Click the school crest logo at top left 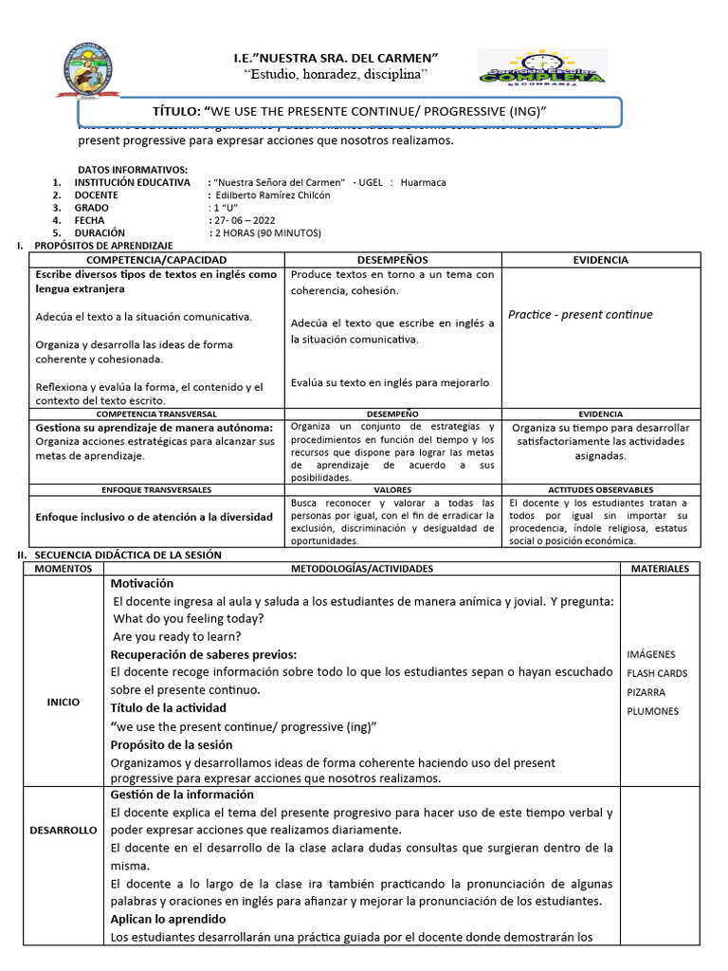[92, 72]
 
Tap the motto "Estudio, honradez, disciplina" [337, 74]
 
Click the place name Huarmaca [423, 183]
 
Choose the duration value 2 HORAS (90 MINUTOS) [268, 233]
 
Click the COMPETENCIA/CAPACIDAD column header [156, 260]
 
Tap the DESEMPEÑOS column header [392, 260]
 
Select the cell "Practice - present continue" [580, 315]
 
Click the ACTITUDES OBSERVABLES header [600, 489]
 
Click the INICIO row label [64, 702]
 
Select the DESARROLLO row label [64, 830]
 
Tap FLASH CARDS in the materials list [657, 673]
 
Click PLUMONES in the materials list [652, 711]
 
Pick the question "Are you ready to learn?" [176, 636]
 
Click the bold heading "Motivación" [142, 583]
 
